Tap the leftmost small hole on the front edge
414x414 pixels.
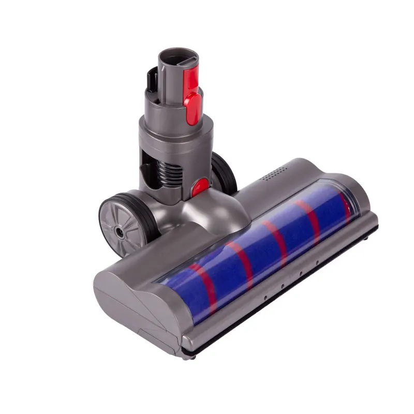[263, 299]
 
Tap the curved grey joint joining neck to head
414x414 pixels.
[212, 212]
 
